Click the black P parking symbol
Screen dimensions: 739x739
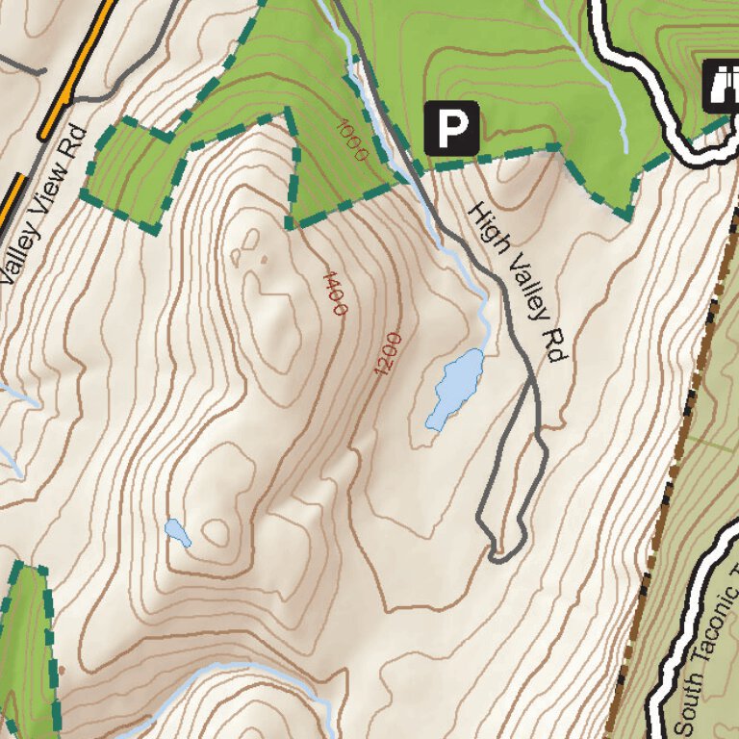[x=452, y=127]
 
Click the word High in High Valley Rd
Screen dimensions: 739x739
[x=487, y=227]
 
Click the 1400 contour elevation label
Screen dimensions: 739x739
[x=334, y=293]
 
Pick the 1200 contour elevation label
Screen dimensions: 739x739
[x=387, y=354]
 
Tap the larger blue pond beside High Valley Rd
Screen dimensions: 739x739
[x=457, y=388]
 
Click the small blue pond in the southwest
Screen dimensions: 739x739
[x=177, y=532]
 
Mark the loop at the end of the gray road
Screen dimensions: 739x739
[x=499, y=551]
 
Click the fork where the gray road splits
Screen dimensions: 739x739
[x=532, y=381]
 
